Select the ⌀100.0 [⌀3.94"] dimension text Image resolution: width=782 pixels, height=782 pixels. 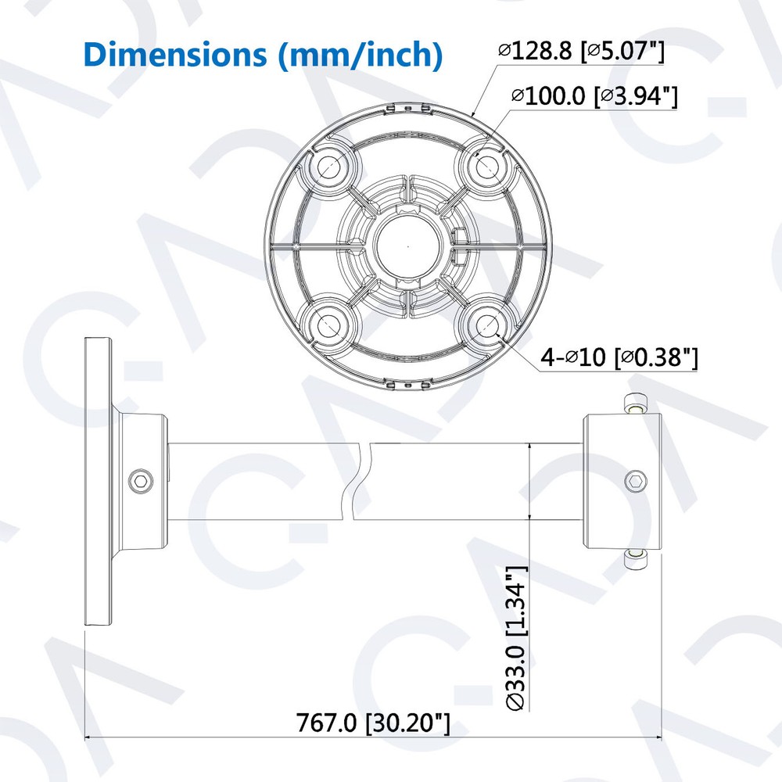[594, 97]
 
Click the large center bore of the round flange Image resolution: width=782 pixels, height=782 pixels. [408, 245]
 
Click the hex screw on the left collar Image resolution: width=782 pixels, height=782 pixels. [140, 479]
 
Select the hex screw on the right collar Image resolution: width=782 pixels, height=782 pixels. [637, 479]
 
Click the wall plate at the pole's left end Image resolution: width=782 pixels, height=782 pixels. [98, 479]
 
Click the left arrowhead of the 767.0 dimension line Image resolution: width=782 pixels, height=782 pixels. [88, 737]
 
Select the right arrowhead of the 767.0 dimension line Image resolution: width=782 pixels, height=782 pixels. [659, 737]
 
